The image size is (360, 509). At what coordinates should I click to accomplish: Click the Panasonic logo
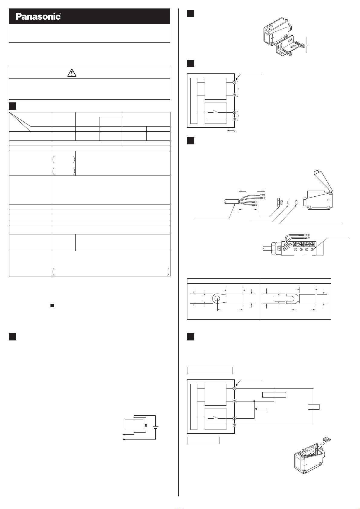(38, 17)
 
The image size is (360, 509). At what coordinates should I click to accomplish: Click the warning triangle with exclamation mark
(72, 73)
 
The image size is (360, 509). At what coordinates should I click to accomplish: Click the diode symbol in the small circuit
(146, 425)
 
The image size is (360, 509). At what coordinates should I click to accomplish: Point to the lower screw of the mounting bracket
(290, 54)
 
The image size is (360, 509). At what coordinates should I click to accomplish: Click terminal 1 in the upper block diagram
(234, 82)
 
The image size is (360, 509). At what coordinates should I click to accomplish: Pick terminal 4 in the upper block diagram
(234, 119)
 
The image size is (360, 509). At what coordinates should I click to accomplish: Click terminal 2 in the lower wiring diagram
(234, 401)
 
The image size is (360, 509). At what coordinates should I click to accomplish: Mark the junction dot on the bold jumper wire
(254, 401)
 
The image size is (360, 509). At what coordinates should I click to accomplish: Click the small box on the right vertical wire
(314, 407)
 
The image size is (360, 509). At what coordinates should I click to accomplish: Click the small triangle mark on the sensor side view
(328, 200)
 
